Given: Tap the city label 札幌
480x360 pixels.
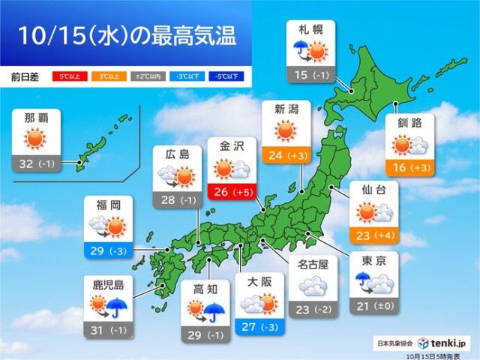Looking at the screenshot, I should pyautogui.click(x=310, y=31).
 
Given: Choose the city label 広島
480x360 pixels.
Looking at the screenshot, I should pyautogui.click(x=177, y=154).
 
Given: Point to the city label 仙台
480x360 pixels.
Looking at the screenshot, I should pyautogui.click(x=373, y=190).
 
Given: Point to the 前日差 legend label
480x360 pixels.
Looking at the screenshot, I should pyautogui.click(x=24, y=76).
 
